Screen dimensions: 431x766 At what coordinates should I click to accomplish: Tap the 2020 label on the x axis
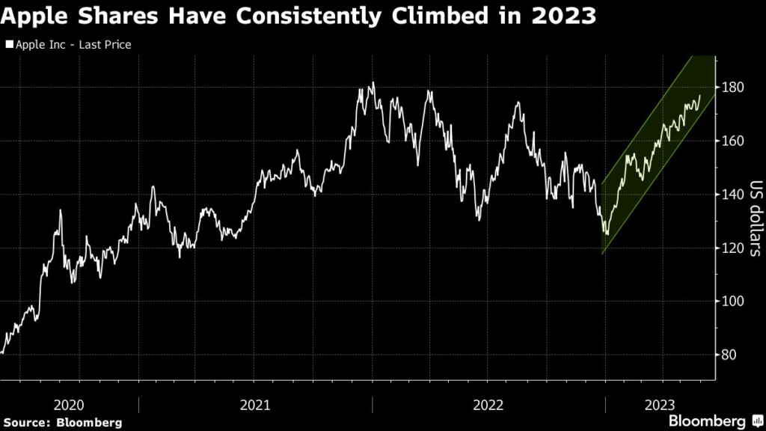point(70,405)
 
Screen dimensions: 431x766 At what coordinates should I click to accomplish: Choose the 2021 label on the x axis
point(255,405)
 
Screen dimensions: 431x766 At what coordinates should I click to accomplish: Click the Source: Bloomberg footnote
point(61,423)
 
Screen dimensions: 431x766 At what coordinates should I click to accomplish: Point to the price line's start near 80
point(2,352)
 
